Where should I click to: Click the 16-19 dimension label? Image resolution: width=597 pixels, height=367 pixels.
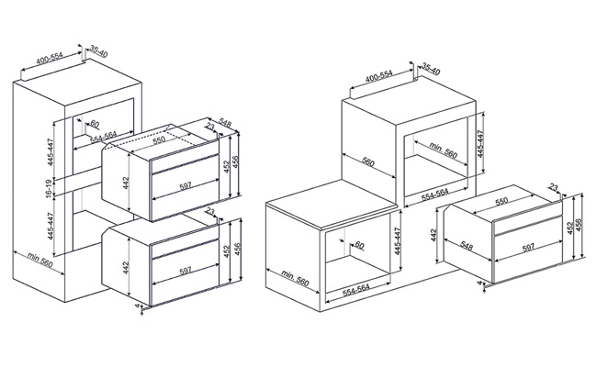pyautogui.click(x=50, y=187)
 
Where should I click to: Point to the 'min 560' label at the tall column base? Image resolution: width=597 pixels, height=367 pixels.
pyautogui.click(x=40, y=260)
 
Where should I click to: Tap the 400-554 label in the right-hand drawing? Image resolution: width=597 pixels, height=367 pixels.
pyautogui.click(x=378, y=76)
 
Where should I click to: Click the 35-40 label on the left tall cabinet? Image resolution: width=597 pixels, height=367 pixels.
pyautogui.click(x=99, y=51)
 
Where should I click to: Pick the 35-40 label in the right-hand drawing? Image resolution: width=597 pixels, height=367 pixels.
pyautogui.click(x=431, y=70)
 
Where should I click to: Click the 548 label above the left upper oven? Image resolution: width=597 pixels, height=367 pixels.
pyautogui.click(x=225, y=124)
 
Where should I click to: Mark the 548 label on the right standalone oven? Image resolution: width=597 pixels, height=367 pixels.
pyautogui.click(x=467, y=246)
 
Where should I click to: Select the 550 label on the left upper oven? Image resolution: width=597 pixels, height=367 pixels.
pyautogui.click(x=159, y=140)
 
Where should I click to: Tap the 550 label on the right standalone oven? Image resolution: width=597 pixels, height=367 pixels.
pyautogui.click(x=501, y=200)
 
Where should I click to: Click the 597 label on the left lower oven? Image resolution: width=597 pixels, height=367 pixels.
pyautogui.click(x=185, y=271)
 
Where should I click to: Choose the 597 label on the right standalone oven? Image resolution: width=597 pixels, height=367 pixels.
pyautogui.click(x=528, y=248)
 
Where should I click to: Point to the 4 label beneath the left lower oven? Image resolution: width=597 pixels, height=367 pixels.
pyautogui.click(x=138, y=306)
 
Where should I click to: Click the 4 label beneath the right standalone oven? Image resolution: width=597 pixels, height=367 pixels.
pyautogui.click(x=479, y=283)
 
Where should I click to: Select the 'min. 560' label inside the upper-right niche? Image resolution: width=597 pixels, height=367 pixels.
pyautogui.click(x=443, y=150)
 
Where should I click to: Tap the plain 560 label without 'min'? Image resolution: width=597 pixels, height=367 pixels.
pyautogui.click(x=368, y=162)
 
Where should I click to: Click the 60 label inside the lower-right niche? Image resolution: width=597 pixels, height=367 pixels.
pyautogui.click(x=359, y=245)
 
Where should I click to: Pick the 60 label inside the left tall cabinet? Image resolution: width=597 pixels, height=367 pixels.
pyautogui.click(x=94, y=124)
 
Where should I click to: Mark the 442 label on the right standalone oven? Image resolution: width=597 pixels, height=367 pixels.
pyautogui.click(x=434, y=236)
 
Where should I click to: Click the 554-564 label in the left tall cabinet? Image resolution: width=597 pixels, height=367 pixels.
pyautogui.click(x=103, y=138)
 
